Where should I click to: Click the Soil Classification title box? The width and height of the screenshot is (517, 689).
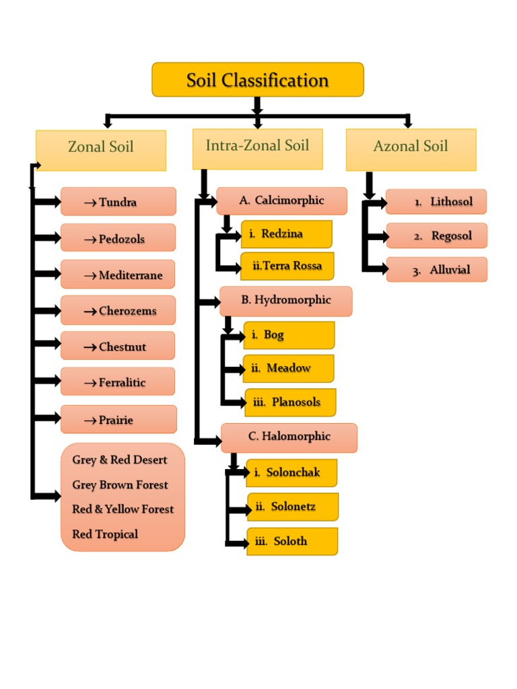257,80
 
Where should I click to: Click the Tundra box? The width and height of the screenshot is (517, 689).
118,202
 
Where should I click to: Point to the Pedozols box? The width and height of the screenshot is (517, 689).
118,239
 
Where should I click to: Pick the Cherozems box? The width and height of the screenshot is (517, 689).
118,310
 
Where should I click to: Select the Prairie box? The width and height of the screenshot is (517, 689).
118,420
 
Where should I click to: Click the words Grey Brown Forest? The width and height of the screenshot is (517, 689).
120,485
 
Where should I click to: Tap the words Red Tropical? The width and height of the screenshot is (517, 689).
105,534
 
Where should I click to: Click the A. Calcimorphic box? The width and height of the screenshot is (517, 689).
281,201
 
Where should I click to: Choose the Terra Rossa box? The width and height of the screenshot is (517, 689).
287,266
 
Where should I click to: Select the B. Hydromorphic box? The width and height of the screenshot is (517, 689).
286,300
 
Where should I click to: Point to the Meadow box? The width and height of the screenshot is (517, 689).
289,368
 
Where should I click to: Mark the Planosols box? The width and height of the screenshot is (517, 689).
290,402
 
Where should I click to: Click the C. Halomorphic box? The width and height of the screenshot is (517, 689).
289,437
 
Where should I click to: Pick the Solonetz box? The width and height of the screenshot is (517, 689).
293,507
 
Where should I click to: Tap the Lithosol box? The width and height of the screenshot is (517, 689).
436,202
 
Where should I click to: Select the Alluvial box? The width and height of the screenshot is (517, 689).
436,270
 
